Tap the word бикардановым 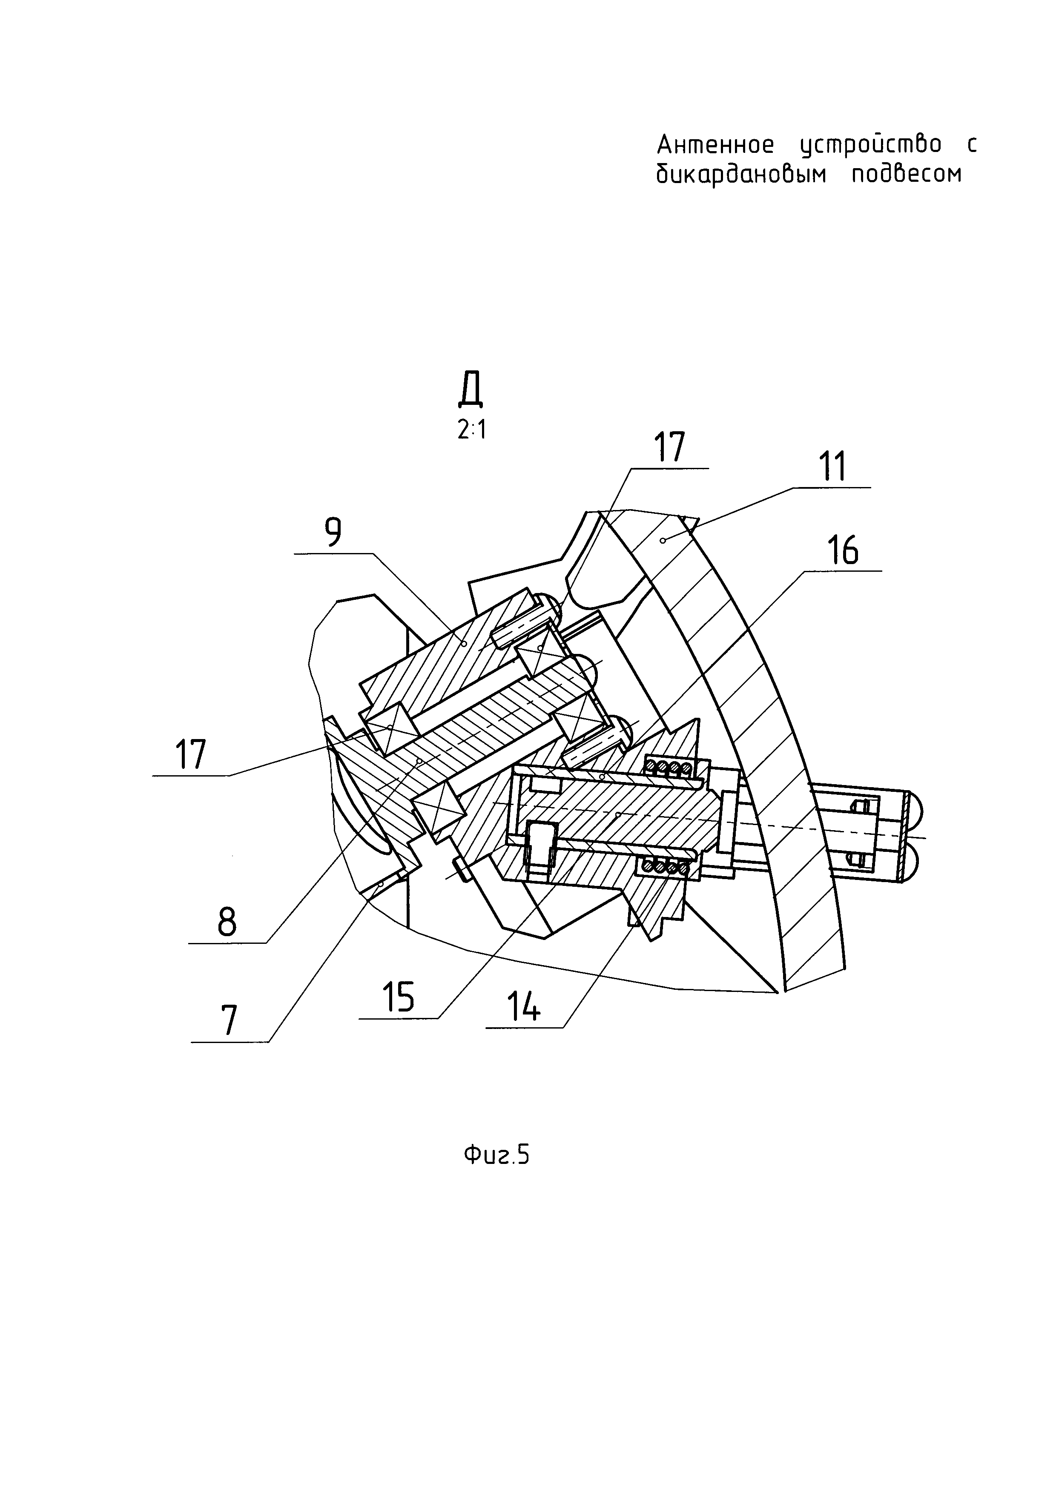741,174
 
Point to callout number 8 227,921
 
